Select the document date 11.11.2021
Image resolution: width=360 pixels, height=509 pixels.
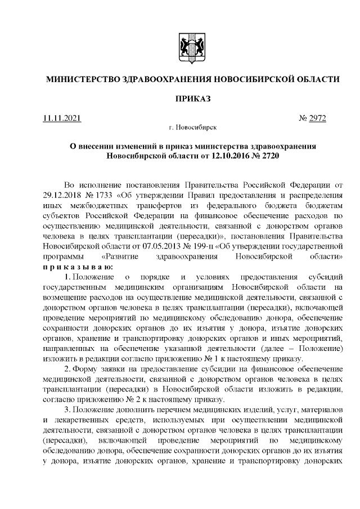pyautogui.click(x=62, y=119)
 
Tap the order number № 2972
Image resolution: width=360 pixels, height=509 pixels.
pyautogui.click(x=313, y=119)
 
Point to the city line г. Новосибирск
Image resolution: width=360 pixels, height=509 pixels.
pyautogui.click(x=188, y=128)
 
